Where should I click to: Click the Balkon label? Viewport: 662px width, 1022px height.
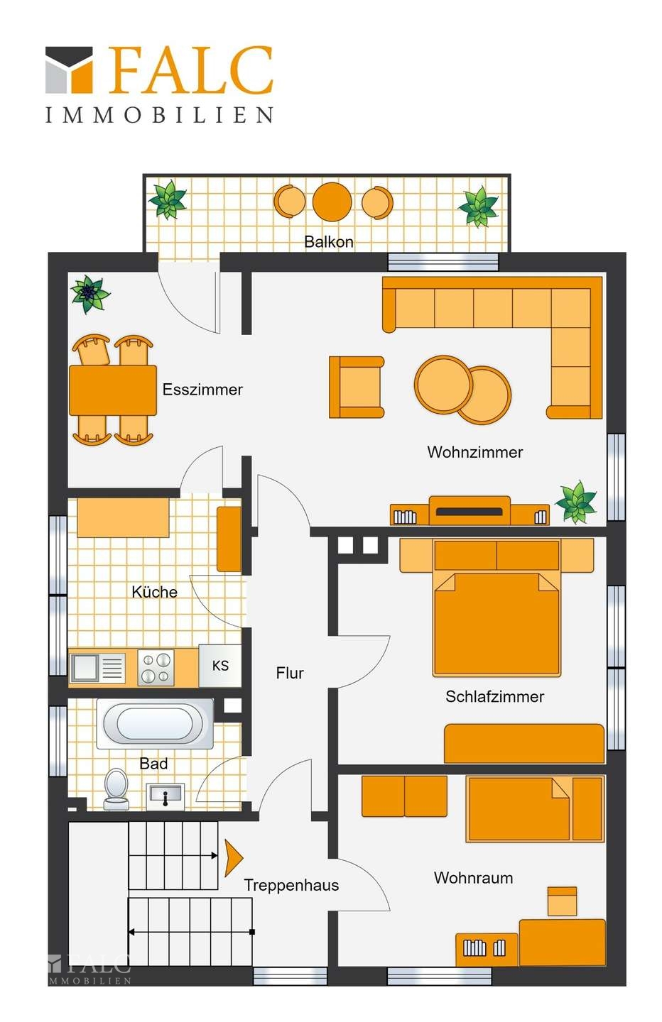pyautogui.click(x=329, y=241)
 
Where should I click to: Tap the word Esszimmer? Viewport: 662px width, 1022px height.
pyautogui.click(x=202, y=389)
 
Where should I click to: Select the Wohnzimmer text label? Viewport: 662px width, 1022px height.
pyautogui.click(x=474, y=451)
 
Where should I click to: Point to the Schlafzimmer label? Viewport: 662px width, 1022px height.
pyautogui.click(x=495, y=696)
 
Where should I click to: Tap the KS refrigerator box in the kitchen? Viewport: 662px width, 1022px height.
pyautogui.click(x=220, y=666)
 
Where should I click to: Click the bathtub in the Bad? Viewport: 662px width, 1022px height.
pyautogui.click(x=155, y=723)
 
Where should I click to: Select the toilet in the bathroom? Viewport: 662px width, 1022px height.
pyautogui.click(x=116, y=789)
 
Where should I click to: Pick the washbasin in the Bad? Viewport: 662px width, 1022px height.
pyautogui.click(x=165, y=796)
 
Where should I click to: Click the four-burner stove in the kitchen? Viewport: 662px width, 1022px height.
pyautogui.click(x=156, y=667)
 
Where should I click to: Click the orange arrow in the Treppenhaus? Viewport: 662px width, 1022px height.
pyautogui.click(x=233, y=858)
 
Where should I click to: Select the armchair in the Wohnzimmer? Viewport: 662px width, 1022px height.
pyautogui.click(x=357, y=387)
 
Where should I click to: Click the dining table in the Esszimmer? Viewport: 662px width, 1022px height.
pyautogui.click(x=113, y=390)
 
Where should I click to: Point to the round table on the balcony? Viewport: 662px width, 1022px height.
pyautogui.click(x=332, y=202)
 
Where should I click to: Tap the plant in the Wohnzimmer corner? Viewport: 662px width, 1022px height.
pyautogui.click(x=576, y=502)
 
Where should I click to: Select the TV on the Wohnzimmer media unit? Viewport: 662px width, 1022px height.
pyautogui.click(x=470, y=511)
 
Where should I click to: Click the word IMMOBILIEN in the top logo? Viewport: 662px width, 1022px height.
pyautogui.click(x=160, y=114)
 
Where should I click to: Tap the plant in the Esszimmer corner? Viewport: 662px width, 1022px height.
pyautogui.click(x=90, y=293)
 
